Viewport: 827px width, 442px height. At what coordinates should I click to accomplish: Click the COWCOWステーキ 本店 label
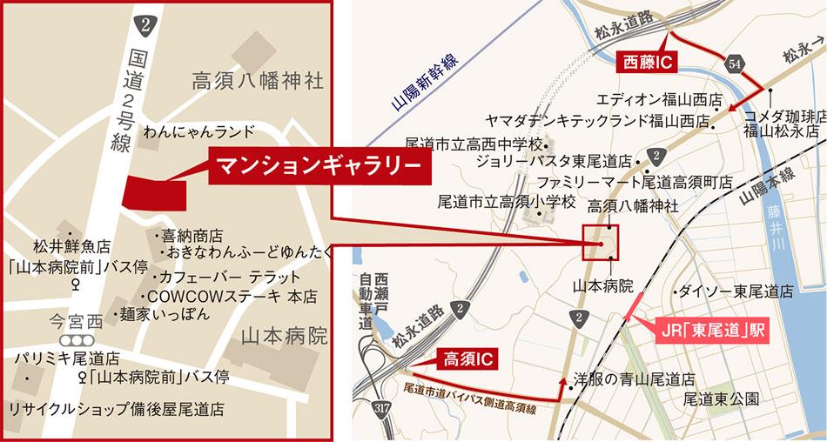(x=234, y=295)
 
